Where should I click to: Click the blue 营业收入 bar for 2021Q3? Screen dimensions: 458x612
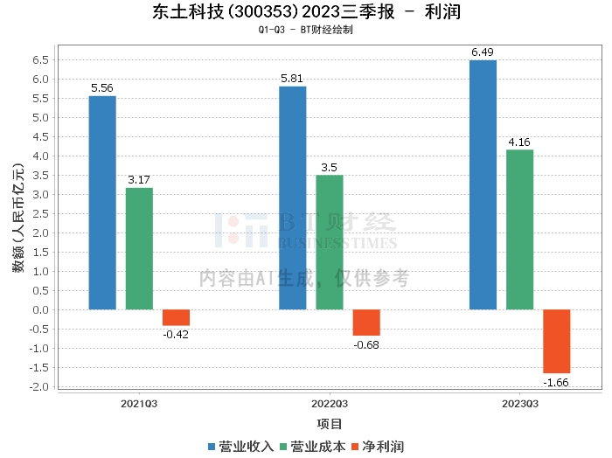pos(102,203)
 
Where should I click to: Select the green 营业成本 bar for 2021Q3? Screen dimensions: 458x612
pos(139,248)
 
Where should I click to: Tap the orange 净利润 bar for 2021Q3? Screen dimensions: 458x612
pos(176,317)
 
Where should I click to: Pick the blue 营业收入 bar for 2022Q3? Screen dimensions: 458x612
pos(292,198)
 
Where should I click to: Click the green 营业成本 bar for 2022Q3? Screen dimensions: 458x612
pos(330,242)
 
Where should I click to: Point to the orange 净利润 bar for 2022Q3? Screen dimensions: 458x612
pos(366,323)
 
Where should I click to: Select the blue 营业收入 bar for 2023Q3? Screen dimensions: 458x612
pos(483,184)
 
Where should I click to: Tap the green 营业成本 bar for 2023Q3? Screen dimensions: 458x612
pos(519,229)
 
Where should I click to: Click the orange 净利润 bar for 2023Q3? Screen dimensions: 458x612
pos(557,341)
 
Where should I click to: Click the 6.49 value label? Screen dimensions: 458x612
pos(483,52)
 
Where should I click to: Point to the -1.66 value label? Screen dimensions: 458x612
pos(557,383)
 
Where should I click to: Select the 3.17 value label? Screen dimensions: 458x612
pos(139,180)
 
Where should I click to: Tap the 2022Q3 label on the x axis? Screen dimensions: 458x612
pos(330,404)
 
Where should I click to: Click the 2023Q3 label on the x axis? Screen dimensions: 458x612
pos(519,404)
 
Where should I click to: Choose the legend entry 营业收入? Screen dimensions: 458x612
pos(241,446)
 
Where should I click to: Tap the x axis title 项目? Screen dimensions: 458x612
pos(330,425)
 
